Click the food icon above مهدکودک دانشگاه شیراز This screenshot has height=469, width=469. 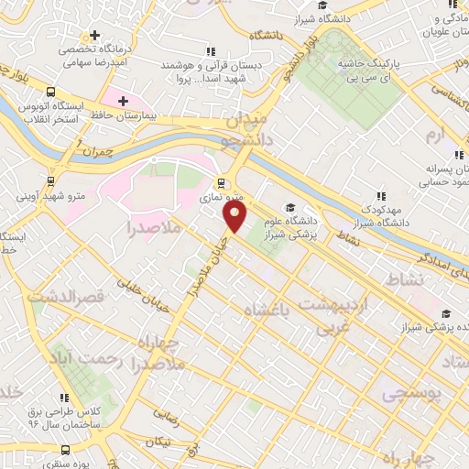381,195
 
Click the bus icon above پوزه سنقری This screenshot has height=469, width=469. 65,451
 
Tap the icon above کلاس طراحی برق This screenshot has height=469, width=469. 65,398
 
